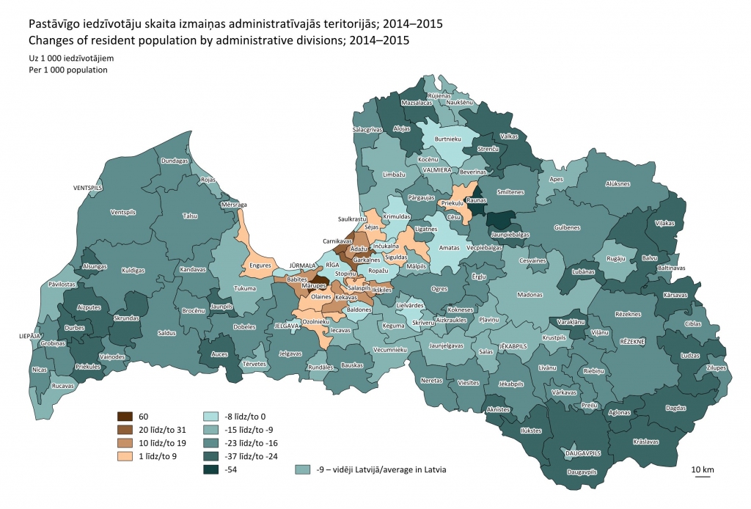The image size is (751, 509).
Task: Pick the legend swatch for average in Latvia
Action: [x=301, y=469]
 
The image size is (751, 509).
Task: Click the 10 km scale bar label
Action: [x=702, y=469]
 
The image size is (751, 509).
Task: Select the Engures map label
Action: [x=260, y=266]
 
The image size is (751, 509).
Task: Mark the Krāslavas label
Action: [x=645, y=442]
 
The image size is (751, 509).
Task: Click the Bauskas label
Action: [x=352, y=365]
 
